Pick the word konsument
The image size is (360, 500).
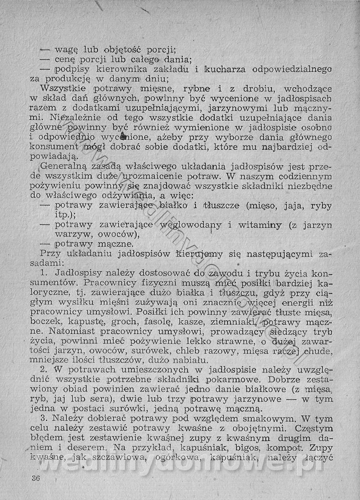pos(56,147)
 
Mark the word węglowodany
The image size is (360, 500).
pos(206,224)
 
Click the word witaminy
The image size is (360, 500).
pos(263,224)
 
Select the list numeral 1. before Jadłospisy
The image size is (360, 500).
pos(44,273)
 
